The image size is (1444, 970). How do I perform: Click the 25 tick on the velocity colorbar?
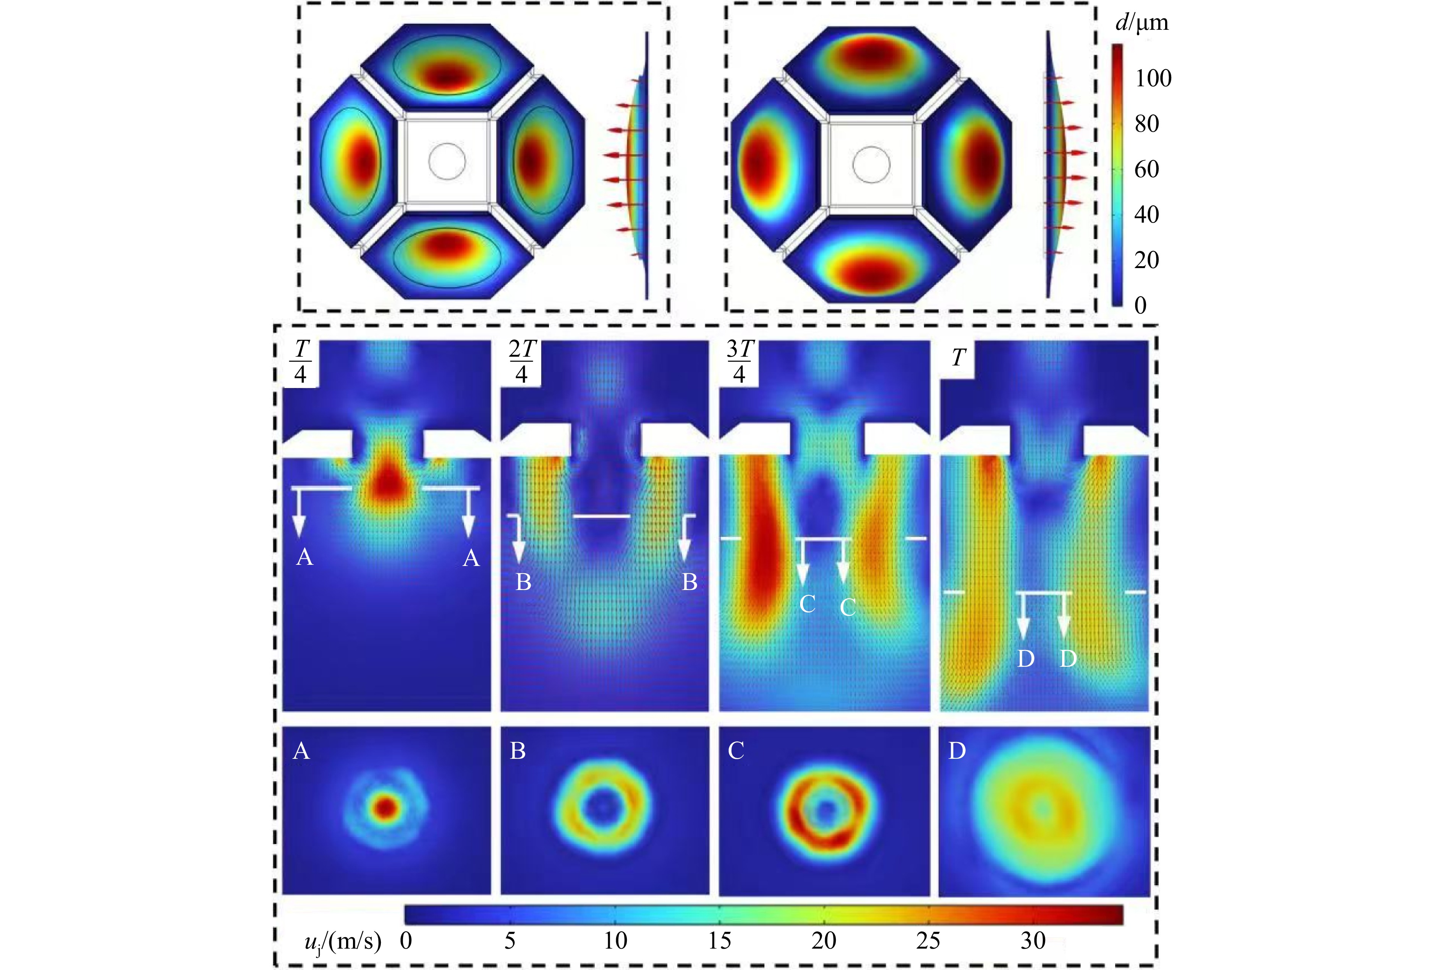[928, 940]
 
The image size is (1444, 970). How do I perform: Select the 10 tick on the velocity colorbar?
[615, 940]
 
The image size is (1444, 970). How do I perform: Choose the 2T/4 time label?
[521, 362]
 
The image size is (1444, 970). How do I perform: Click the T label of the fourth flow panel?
[958, 357]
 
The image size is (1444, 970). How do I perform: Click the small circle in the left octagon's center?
[447, 162]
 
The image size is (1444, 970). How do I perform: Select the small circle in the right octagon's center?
[871, 165]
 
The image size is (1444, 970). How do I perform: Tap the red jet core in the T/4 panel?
[386, 479]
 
